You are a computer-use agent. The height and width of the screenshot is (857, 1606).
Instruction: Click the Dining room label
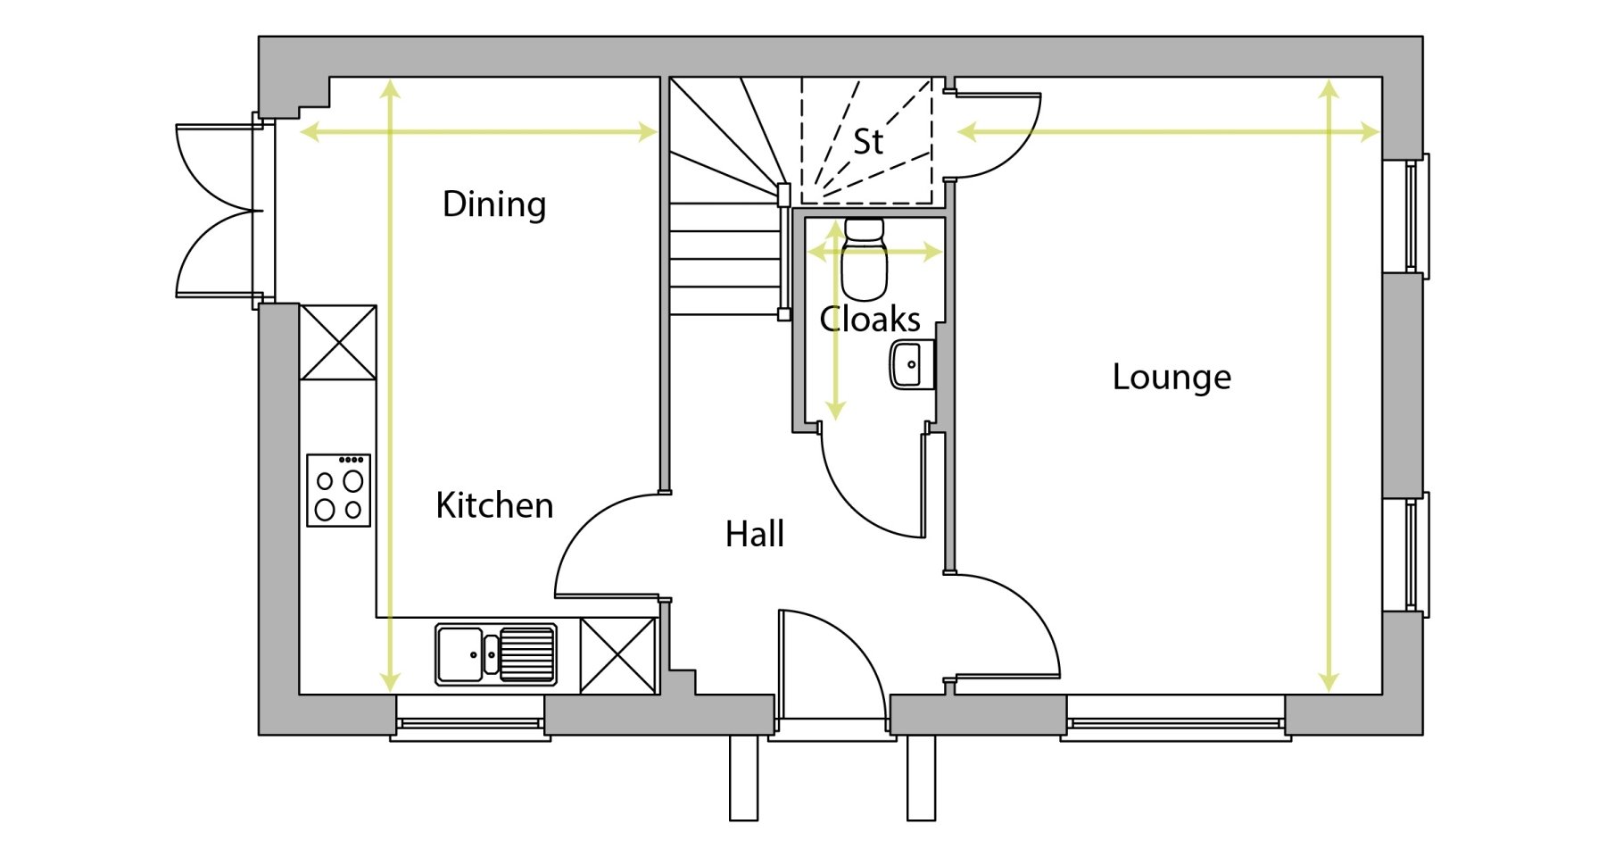[494, 204]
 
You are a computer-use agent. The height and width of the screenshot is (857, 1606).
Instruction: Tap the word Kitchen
[494, 506]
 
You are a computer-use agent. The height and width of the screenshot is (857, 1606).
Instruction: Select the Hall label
[755, 535]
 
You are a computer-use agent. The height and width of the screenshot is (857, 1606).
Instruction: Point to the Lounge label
[1171, 377]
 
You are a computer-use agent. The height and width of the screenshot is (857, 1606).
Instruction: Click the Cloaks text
[870, 320]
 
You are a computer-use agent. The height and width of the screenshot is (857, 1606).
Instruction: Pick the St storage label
[868, 141]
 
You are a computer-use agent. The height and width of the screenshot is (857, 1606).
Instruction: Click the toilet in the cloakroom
[864, 260]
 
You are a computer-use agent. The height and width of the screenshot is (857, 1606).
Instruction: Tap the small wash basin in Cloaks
[911, 364]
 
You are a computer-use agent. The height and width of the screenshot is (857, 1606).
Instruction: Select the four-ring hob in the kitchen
[338, 490]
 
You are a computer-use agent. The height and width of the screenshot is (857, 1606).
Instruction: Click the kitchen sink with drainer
[496, 654]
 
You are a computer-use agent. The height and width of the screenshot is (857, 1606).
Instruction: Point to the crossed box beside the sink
[618, 655]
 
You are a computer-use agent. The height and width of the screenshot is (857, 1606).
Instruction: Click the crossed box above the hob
[337, 343]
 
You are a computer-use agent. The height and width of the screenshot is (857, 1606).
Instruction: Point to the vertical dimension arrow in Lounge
[1329, 384]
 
